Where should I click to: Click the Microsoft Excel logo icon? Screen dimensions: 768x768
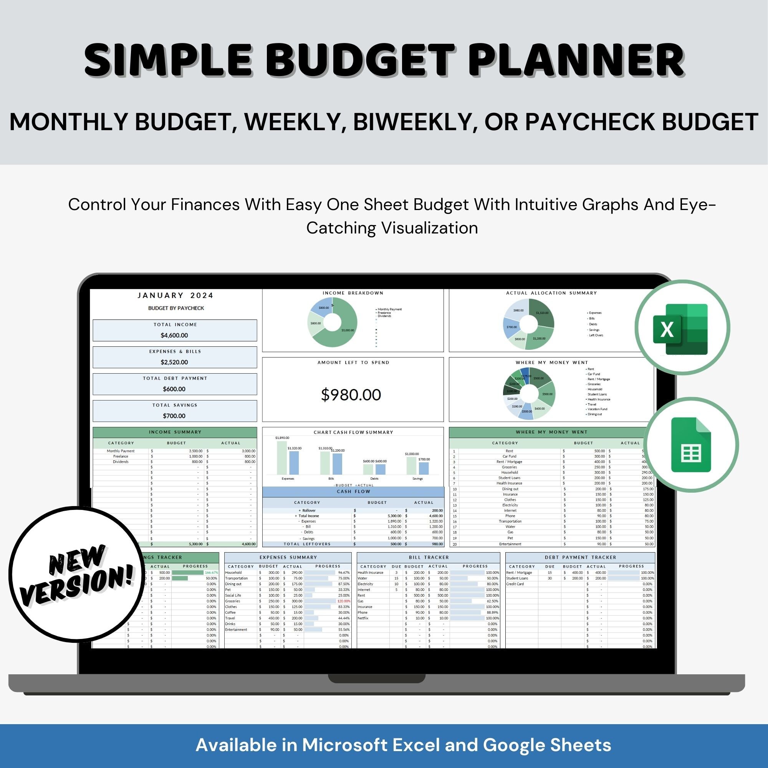[681, 328]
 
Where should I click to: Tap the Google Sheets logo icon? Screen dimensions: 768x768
[691, 445]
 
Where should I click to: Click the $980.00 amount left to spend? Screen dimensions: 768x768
[351, 395]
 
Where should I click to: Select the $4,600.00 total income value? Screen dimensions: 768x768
[174, 335]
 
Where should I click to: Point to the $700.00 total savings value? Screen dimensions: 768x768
[174, 416]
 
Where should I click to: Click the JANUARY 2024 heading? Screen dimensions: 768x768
[176, 295]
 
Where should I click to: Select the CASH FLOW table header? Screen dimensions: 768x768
[353, 492]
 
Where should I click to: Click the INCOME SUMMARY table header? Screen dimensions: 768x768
[175, 432]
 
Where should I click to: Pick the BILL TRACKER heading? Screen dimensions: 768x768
[429, 557]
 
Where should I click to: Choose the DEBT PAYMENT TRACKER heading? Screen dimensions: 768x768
[580, 557]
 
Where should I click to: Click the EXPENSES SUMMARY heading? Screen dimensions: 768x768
[288, 557]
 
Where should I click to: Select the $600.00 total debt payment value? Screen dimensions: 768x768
[174, 389]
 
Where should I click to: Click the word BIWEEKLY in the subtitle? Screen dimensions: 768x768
[415, 122]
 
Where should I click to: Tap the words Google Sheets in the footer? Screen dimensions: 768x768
[547, 745]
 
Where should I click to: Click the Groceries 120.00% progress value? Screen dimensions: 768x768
[344, 601]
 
